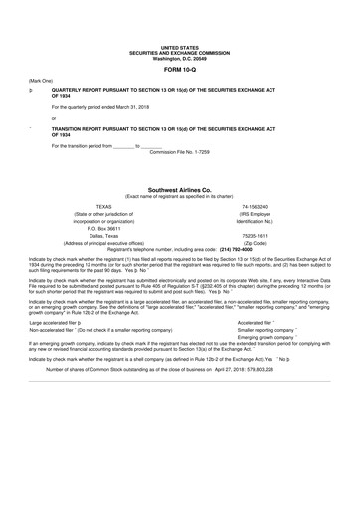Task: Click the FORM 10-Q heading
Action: (180, 69)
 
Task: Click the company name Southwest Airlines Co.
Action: (180, 187)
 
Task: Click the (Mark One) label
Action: (41, 80)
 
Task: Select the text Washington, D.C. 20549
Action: (180, 58)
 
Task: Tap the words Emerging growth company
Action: (267, 336)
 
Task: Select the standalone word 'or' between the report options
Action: (54, 117)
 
